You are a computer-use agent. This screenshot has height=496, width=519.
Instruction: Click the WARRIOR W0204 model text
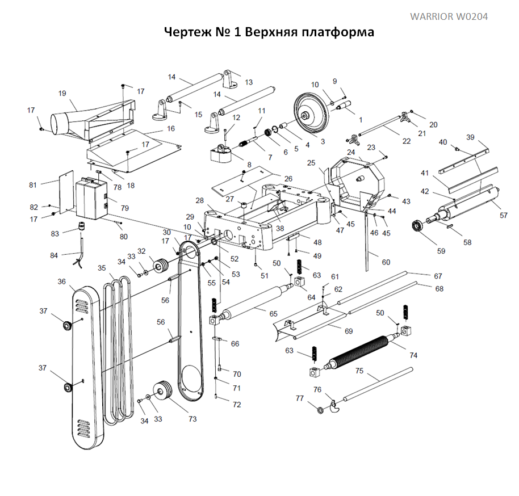pyautogui.click(x=449, y=16)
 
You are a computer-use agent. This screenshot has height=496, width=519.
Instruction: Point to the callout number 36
pyautogui.click(x=62, y=281)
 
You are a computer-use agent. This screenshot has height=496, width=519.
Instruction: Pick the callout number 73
pyautogui.click(x=192, y=419)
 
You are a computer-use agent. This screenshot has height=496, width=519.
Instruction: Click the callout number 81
pyautogui.click(x=32, y=184)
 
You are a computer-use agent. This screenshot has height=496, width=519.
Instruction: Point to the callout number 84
pyautogui.click(x=54, y=255)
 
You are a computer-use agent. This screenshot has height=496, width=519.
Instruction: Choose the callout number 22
pyautogui.click(x=406, y=141)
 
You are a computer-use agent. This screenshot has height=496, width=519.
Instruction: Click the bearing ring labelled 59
pyautogui.click(x=420, y=227)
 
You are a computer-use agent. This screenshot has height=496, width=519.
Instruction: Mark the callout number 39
pyautogui.click(x=470, y=137)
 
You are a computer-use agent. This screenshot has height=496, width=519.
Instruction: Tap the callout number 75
pyautogui.click(x=359, y=371)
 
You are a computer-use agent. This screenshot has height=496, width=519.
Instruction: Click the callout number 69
pyautogui.click(x=349, y=330)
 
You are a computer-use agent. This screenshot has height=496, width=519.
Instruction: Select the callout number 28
pyautogui.click(x=199, y=200)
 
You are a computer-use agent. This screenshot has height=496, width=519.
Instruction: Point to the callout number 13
pyautogui.click(x=249, y=82)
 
